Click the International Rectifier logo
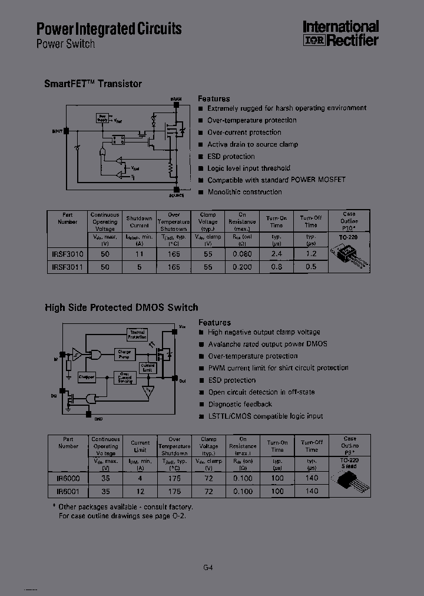(340, 34)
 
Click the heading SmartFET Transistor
(93, 84)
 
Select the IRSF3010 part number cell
(66, 254)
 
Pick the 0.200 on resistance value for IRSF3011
(242, 267)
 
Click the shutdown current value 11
(140, 254)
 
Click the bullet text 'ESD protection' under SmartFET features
(231, 157)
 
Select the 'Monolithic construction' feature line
(244, 192)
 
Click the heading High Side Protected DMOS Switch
(121, 307)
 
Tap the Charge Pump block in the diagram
(125, 353)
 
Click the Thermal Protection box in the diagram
(137, 335)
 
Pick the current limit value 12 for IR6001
(140, 491)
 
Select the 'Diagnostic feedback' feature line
(240, 405)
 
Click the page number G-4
(208, 568)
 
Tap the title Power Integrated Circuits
(109, 29)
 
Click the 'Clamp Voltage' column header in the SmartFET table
(208, 221)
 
